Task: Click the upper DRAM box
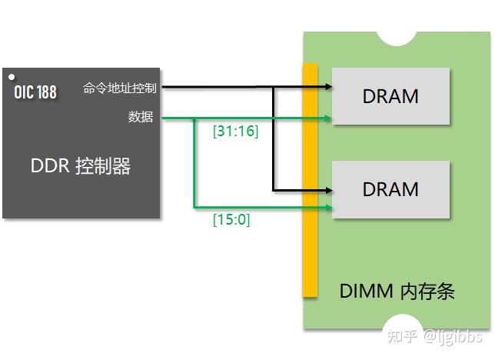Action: (390, 97)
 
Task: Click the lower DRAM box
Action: (390, 189)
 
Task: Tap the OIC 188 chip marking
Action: (35, 92)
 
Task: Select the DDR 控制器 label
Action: (80, 166)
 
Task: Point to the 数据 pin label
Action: (141, 117)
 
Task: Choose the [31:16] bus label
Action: (235, 132)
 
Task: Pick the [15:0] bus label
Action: (231, 220)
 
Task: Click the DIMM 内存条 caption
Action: (397, 292)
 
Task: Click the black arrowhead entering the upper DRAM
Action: (328, 86)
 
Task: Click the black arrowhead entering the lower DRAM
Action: (328, 189)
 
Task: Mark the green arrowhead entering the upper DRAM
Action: (328, 118)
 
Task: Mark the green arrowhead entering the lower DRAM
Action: (328, 207)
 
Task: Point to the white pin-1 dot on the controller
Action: (12, 77)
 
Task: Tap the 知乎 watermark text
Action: (404, 336)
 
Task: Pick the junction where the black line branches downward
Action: (273, 86)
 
